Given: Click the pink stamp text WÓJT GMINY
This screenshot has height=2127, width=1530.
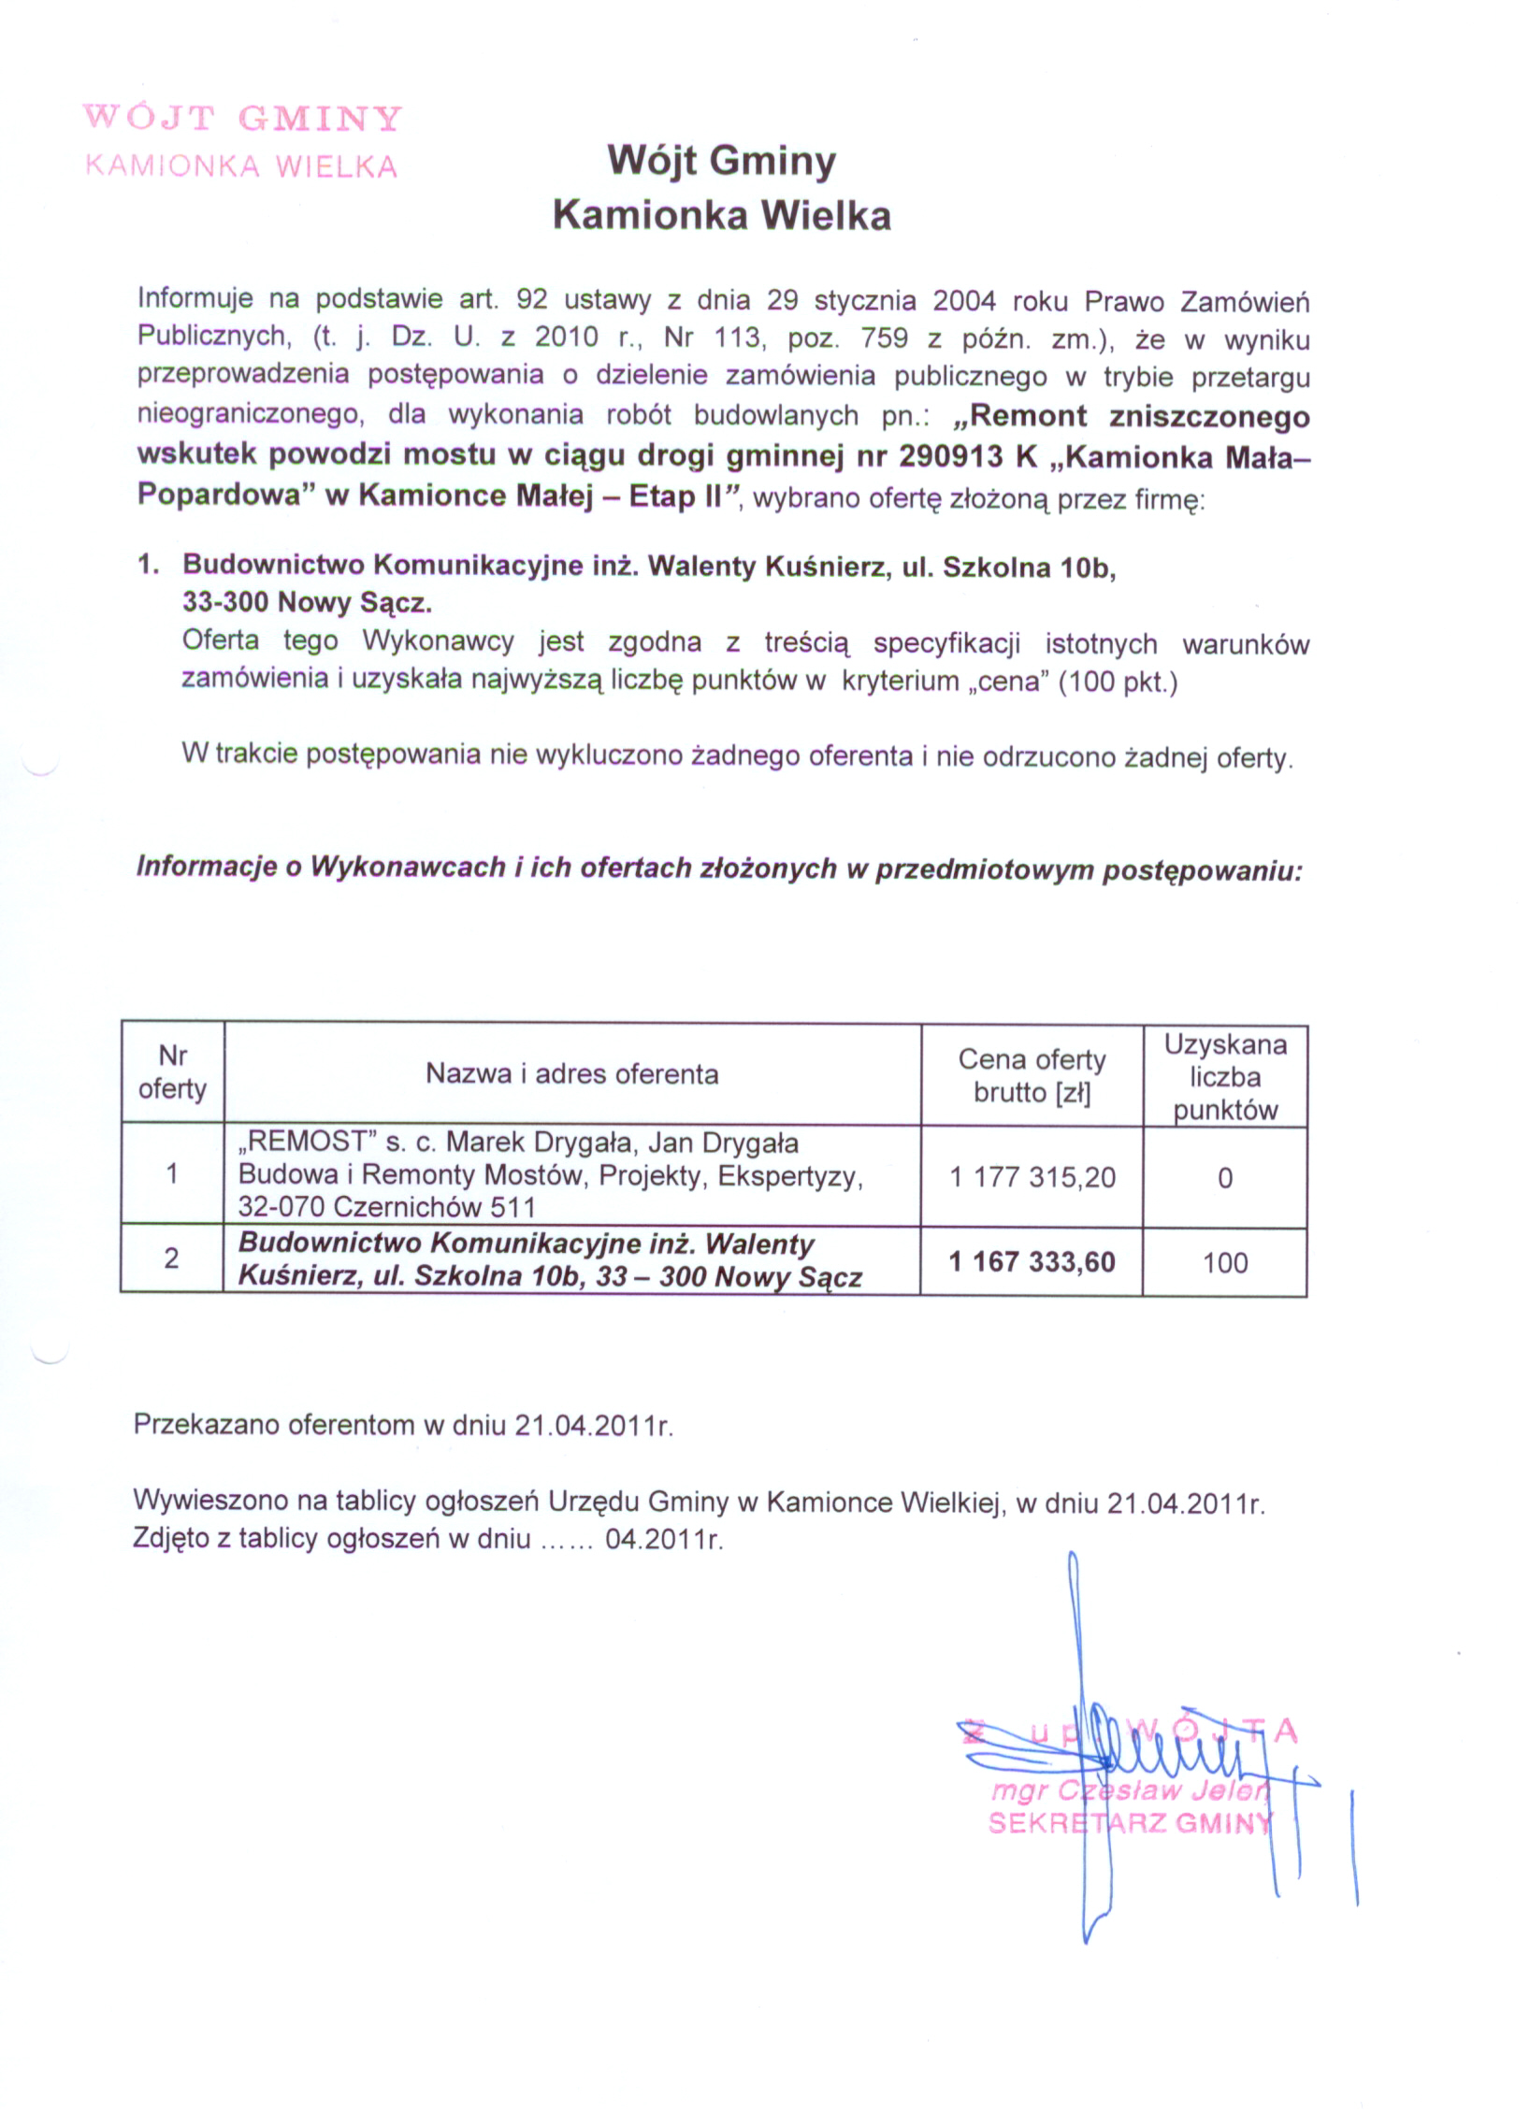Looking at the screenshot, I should [242, 118].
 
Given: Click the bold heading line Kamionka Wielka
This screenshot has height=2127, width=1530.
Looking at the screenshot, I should [720, 216].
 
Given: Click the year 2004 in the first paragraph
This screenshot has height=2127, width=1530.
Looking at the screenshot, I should [963, 301].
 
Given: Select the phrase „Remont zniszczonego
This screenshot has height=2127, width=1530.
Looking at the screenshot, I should [1130, 415].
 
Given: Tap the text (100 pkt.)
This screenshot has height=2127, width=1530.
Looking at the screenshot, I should [1118, 681].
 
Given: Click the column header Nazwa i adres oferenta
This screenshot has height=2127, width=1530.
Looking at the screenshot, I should [572, 1074].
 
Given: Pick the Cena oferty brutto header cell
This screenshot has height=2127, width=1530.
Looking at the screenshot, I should [1032, 1076].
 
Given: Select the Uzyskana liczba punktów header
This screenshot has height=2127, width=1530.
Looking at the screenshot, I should [1225, 1077].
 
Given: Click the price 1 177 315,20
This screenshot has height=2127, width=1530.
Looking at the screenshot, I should [1032, 1177].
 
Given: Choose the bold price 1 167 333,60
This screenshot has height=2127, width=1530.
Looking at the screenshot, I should [1032, 1261].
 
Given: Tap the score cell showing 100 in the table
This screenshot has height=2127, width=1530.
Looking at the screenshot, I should [1225, 1262].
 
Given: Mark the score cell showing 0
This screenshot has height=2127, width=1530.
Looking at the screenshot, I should [1225, 1178].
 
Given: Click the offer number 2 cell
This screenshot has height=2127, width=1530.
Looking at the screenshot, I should [172, 1258].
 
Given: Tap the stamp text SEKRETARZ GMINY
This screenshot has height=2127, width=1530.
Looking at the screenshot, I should [1131, 1822].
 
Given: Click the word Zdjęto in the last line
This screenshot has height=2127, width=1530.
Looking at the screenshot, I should [172, 1539].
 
